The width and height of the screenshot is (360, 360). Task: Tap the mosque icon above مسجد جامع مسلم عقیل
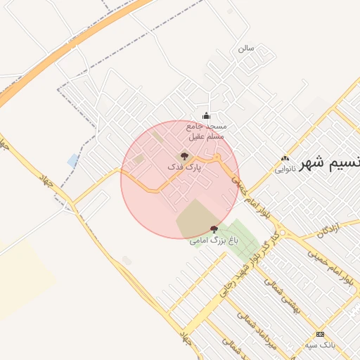coord(206,116)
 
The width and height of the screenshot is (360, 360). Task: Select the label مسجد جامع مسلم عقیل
coord(206,131)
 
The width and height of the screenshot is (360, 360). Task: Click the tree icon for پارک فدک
coord(184,156)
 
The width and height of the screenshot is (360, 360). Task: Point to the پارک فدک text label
coord(184,168)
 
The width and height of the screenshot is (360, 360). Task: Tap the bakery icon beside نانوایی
coord(285,159)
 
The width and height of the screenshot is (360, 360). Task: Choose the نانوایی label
coord(284,169)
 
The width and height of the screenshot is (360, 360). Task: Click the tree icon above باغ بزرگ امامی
coord(214,229)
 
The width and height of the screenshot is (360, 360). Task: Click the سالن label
coord(245,49)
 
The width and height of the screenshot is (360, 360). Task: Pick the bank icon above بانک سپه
coord(321,334)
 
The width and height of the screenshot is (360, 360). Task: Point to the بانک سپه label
coord(321,345)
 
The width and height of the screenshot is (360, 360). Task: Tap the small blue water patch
coord(73,160)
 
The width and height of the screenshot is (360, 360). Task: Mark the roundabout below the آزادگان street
coord(282,233)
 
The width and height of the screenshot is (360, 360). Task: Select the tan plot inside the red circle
coord(193,218)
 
